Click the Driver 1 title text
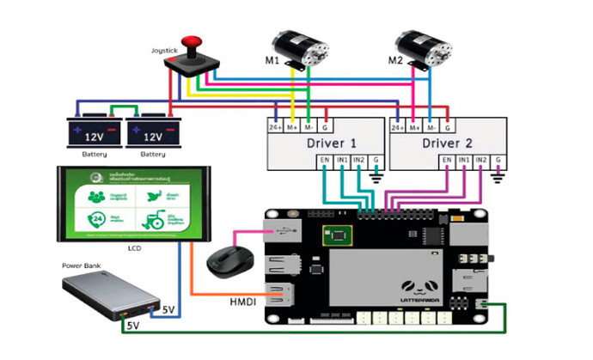click(330, 142)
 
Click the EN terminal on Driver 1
click(324, 161)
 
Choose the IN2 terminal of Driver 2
click(482, 161)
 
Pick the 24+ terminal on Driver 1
click(275, 127)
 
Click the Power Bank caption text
click(83, 265)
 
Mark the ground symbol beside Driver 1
click(376, 176)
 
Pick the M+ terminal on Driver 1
click(293, 127)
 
